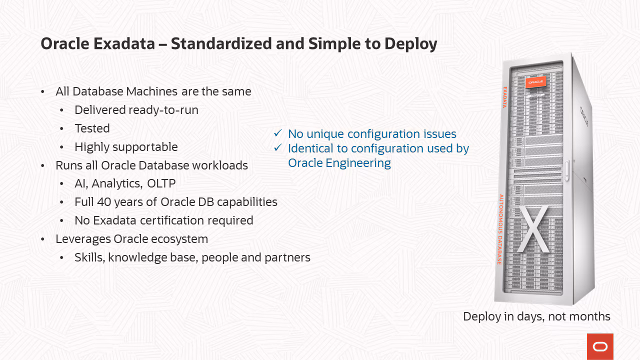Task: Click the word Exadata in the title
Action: click(124, 43)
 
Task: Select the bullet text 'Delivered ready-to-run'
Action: click(136, 110)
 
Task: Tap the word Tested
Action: click(92, 128)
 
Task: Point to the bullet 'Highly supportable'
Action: click(126, 147)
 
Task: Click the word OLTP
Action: click(161, 183)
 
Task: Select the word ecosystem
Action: click(179, 239)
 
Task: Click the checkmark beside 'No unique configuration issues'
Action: click(278, 133)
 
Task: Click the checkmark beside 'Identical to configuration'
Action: click(278, 147)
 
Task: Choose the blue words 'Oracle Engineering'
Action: click(339, 163)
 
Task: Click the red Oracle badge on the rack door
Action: click(535, 82)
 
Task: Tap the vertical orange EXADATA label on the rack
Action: click(505, 97)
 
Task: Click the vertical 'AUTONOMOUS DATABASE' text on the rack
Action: click(500, 229)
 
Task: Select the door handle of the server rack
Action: click(567, 170)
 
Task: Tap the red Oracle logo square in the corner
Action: click(600, 346)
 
